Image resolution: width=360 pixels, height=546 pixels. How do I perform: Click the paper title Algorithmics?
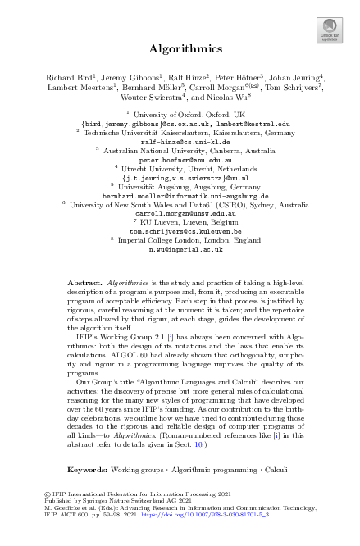(179, 48)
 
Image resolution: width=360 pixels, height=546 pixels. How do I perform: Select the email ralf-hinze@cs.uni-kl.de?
(180, 141)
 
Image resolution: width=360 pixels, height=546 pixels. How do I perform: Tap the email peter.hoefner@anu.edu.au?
(179, 159)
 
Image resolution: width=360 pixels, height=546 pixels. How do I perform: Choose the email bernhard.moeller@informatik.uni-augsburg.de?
(179, 195)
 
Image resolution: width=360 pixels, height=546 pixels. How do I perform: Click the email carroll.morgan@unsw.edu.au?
(179, 213)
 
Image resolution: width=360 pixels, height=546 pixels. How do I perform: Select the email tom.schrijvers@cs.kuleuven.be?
(179, 231)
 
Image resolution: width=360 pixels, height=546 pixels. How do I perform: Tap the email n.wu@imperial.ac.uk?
(179, 249)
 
